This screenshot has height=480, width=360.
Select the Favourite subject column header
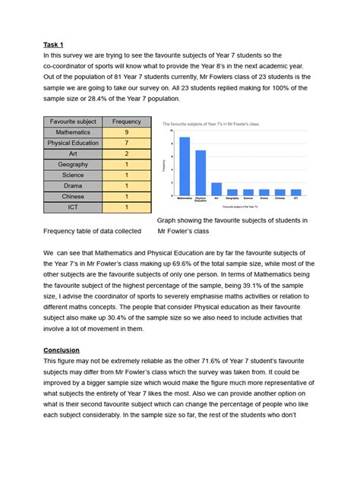(x=73, y=122)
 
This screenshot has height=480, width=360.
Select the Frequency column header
(x=127, y=122)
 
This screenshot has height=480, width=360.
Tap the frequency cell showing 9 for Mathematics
(x=127, y=132)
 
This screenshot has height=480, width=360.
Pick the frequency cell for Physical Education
(x=127, y=143)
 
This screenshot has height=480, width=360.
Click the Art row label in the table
(x=73, y=153)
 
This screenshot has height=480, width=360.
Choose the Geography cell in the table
(x=73, y=164)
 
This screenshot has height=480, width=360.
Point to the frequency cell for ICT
(x=127, y=207)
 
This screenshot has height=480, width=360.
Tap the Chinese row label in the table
(x=73, y=196)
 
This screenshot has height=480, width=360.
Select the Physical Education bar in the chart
(x=201, y=173)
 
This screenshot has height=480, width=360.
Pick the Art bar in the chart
(x=216, y=190)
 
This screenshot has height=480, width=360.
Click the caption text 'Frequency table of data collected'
(x=92, y=231)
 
